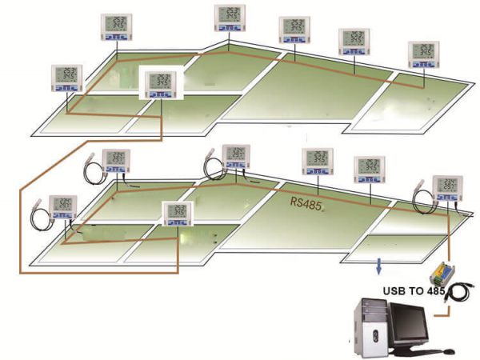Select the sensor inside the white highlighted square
(x=162, y=83)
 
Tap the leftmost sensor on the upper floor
(x=67, y=78)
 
